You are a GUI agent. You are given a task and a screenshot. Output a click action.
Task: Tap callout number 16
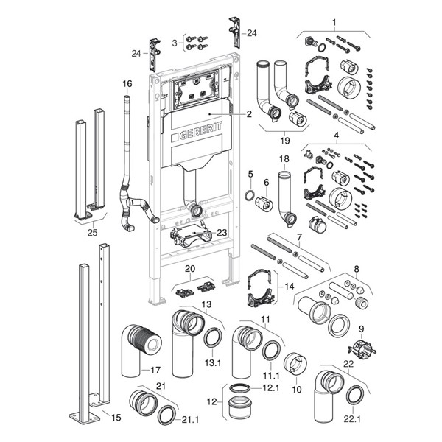[x=127, y=83]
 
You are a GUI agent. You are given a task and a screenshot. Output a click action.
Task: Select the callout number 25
[x=91, y=233]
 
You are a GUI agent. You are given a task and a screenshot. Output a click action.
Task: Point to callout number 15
[x=116, y=417]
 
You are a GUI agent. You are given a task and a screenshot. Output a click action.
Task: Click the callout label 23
[x=220, y=233]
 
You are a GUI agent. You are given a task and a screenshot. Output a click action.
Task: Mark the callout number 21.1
[x=191, y=420]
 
